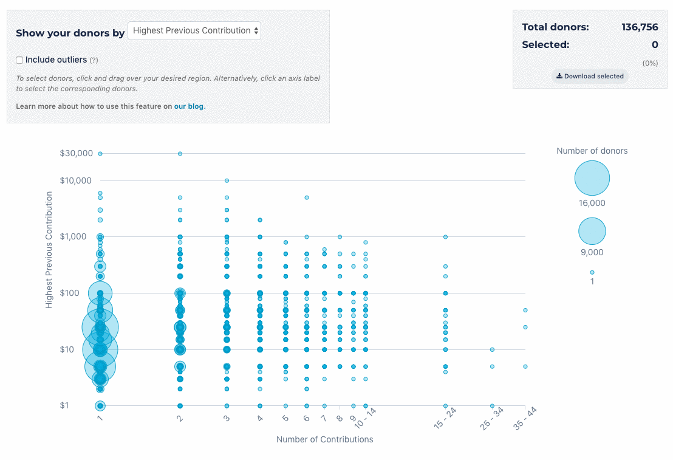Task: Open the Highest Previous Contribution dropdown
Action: tap(194, 31)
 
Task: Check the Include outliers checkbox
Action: tap(19, 60)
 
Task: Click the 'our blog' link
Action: tap(190, 106)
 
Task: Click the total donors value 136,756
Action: tap(639, 27)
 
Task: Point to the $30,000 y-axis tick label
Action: tap(77, 153)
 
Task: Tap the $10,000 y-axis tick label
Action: tap(77, 180)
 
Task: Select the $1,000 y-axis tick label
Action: tap(79, 236)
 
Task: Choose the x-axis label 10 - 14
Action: tap(366, 419)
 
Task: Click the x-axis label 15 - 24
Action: tap(445, 419)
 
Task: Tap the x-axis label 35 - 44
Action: tap(525, 419)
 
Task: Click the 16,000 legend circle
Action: tap(592, 179)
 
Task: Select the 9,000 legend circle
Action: tap(592, 231)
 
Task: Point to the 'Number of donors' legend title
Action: tap(592, 151)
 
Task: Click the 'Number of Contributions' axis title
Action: tap(324, 439)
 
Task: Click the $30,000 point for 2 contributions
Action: tap(180, 154)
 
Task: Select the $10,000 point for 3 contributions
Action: tap(227, 180)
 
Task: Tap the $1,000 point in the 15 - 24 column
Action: tap(445, 236)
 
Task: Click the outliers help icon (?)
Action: tap(94, 60)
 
